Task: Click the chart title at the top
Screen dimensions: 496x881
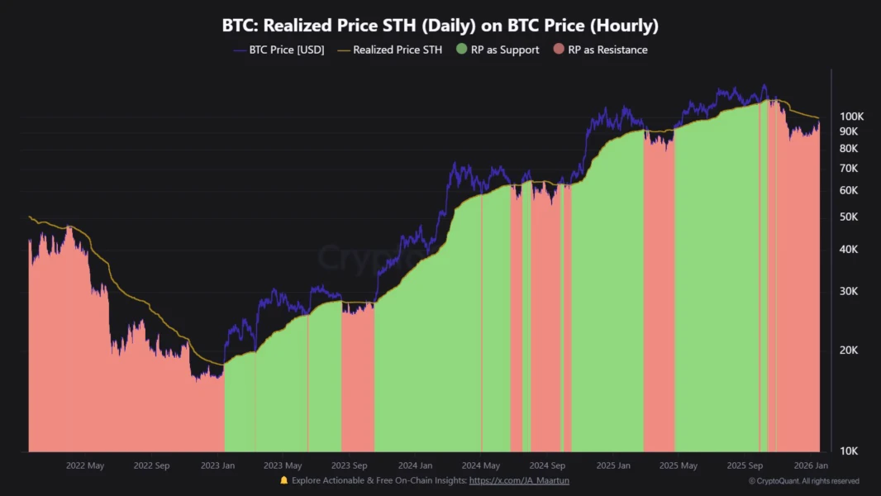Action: (440, 26)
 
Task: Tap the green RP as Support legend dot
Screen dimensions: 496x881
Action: (462, 50)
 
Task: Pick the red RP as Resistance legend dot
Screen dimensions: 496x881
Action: (559, 50)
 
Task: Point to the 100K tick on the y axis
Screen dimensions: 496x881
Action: (851, 117)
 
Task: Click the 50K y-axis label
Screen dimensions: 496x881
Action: (849, 217)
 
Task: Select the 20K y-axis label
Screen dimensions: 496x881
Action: (849, 351)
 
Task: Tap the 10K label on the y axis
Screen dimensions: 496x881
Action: (849, 451)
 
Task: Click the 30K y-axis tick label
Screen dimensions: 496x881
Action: (849, 291)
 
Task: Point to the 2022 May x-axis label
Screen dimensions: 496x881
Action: (85, 465)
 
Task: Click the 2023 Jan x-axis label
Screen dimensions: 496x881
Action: (217, 465)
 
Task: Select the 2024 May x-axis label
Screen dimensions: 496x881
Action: (482, 465)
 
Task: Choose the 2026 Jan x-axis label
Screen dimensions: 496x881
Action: (811, 465)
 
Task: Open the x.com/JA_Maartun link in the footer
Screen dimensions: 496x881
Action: (519, 480)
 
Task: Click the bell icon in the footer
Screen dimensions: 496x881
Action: (284, 480)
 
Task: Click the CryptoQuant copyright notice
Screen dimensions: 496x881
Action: (804, 481)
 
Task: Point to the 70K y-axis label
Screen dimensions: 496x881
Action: (849, 169)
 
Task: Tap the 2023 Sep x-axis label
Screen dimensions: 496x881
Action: (350, 465)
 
